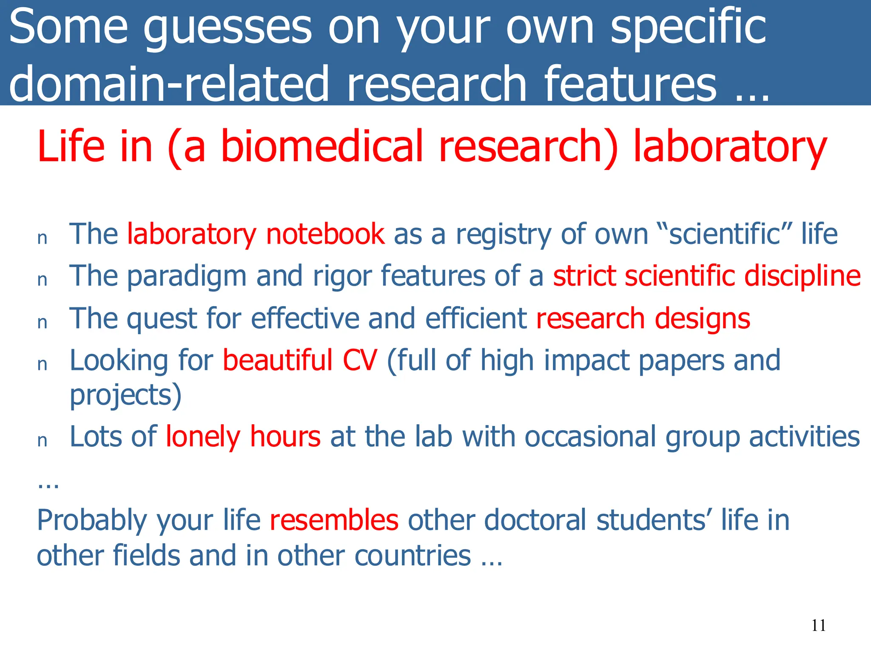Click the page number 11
tap(818, 625)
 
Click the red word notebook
tap(325, 234)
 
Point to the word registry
tap(504, 235)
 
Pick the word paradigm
tap(187, 277)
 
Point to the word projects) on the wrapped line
tap(125, 395)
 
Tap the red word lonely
tap(203, 437)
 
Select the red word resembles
tap(334, 520)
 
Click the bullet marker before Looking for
tap(42, 365)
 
